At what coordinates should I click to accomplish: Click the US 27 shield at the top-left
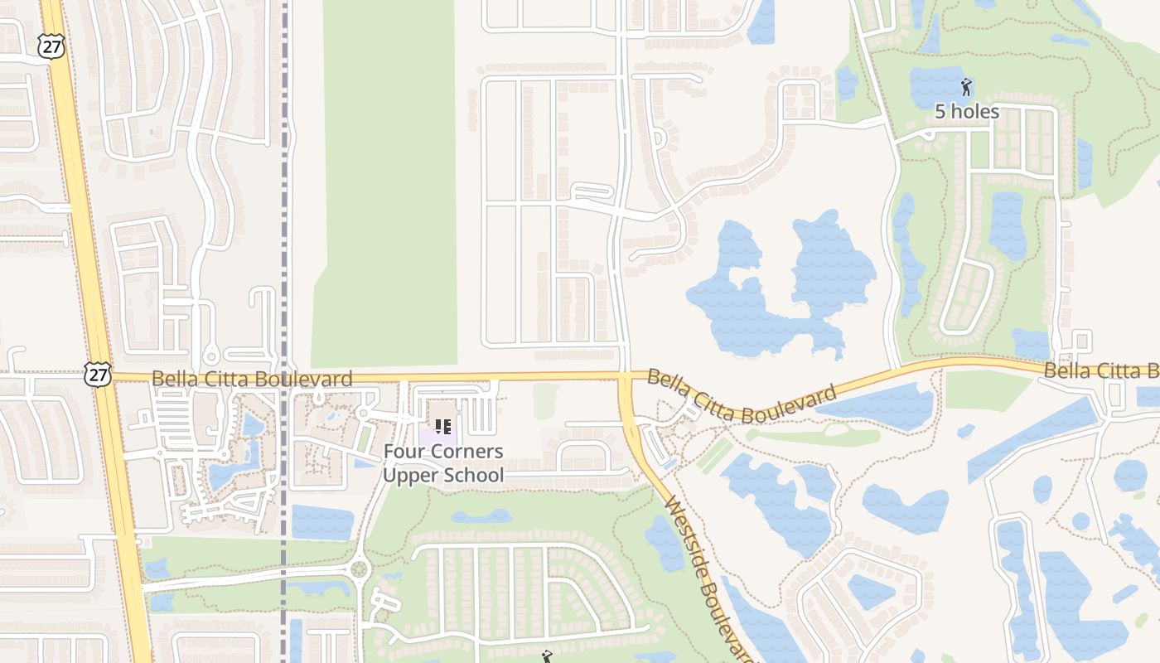click(x=51, y=46)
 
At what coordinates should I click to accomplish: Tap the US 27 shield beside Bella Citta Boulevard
click(x=97, y=374)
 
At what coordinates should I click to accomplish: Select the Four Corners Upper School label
click(x=443, y=463)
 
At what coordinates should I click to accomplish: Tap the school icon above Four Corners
click(x=443, y=427)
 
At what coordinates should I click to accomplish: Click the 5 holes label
click(x=967, y=111)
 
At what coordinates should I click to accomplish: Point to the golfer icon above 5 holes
click(x=966, y=86)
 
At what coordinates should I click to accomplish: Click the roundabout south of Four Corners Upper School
click(x=359, y=569)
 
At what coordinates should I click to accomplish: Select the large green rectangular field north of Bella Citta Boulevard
click(x=386, y=182)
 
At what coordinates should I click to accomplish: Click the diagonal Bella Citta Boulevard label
click(x=742, y=396)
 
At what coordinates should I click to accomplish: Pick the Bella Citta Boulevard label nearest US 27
click(x=252, y=379)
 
